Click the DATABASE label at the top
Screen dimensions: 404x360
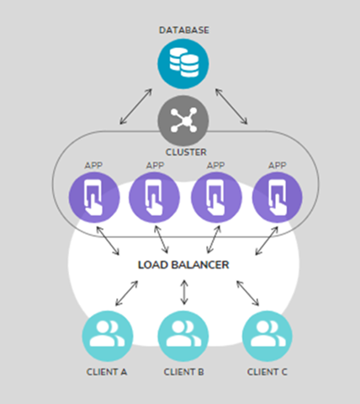click(x=183, y=29)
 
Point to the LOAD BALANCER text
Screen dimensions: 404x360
click(x=183, y=265)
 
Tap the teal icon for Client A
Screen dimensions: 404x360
click(x=106, y=334)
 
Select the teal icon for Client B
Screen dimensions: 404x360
click(x=183, y=334)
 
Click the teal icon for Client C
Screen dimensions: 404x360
click(x=267, y=334)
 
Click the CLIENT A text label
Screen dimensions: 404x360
click(x=106, y=371)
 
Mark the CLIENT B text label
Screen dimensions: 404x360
click(x=183, y=371)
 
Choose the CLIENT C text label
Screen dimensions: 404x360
click(x=267, y=371)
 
